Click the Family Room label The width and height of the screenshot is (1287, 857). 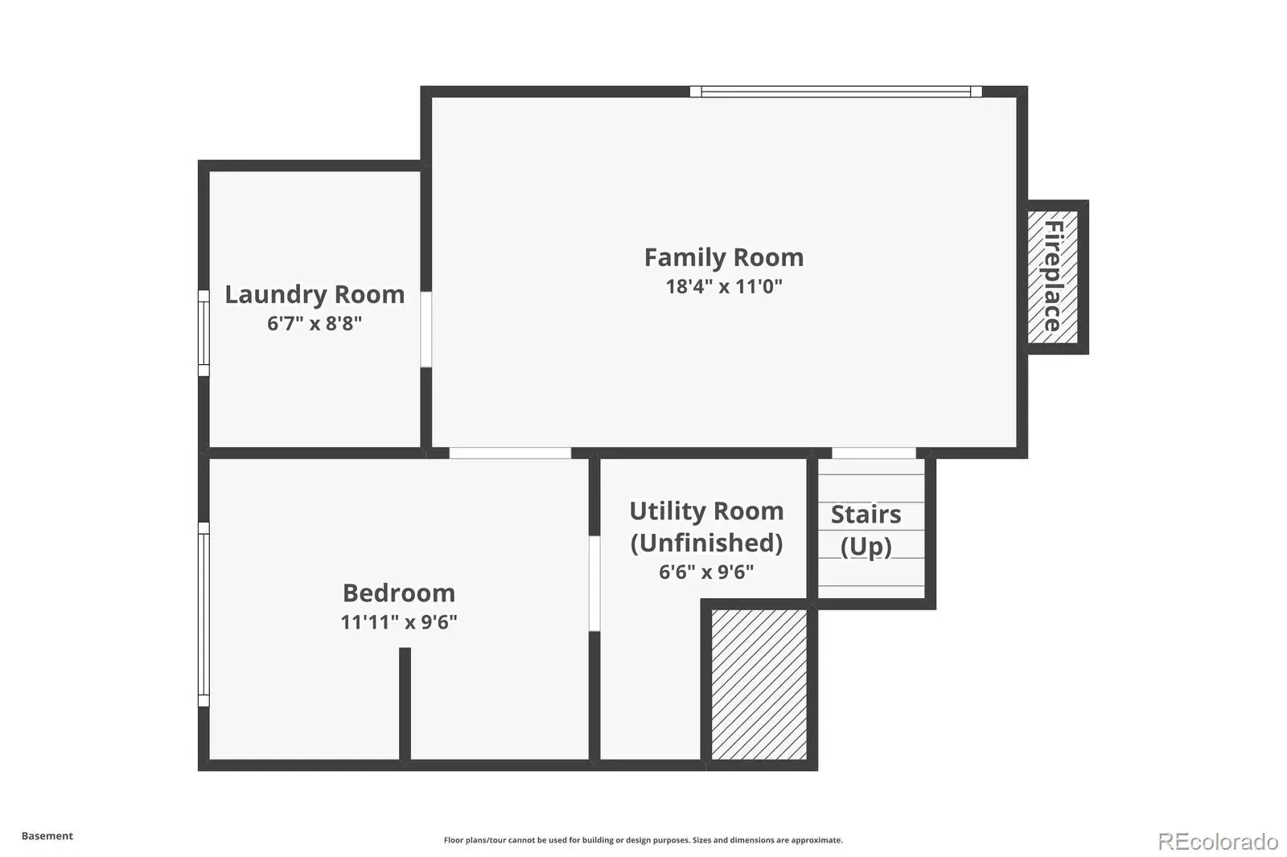point(723,258)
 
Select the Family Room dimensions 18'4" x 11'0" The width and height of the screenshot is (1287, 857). point(724,286)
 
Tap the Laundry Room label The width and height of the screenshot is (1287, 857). point(315,295)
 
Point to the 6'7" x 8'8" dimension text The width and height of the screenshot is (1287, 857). point(315,323)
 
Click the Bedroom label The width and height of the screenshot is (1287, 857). point(399,593)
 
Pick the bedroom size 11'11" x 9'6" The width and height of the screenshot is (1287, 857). point(399,622)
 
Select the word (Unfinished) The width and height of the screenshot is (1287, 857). point(707,543)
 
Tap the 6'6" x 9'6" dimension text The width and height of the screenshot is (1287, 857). point(706,572)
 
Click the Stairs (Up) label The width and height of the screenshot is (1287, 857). point(866,530)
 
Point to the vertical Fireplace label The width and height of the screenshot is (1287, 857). point(1053,276)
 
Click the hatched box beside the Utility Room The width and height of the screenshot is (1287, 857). point(759,684)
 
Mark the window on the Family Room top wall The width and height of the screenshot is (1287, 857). point(836,92)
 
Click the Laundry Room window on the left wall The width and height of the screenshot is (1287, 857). point(204,333)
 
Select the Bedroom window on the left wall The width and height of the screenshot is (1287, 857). point(204,614)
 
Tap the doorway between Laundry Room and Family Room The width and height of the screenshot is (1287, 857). point(426,329)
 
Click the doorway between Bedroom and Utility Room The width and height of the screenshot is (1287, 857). point(594,584)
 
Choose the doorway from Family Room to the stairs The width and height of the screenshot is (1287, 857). point(874,453)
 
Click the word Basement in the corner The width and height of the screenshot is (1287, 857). point(47,836)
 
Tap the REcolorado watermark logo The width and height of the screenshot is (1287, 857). point(1218,842)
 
